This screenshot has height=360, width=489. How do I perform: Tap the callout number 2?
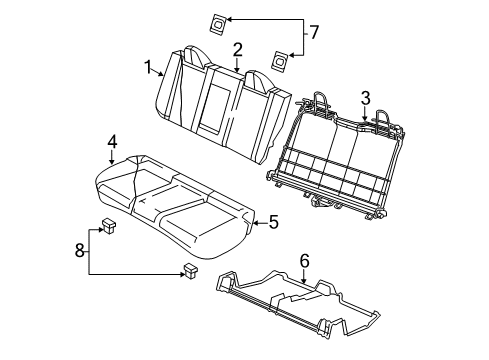pos(237,49)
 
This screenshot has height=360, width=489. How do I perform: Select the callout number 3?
pos(366,97)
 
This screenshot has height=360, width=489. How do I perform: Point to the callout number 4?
pos(113,141)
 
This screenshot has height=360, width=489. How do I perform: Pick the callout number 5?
pos(273,223)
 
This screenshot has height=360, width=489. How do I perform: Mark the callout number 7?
pos(313,33)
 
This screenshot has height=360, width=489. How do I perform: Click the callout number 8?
pos(80,250)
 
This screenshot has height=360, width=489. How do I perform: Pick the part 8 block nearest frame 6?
pos(188,269)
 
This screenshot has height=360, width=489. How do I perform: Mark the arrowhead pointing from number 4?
pos(113,159)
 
